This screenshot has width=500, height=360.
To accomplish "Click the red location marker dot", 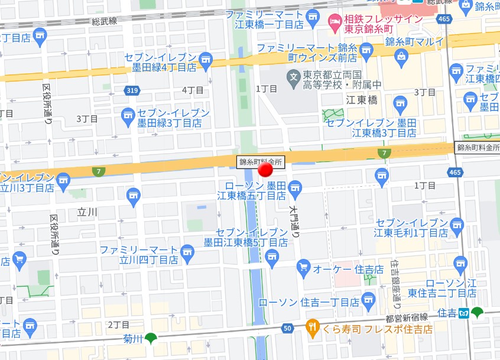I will coord(266,170).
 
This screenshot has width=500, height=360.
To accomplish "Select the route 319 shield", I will coord(132,90).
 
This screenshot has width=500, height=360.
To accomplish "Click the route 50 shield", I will coord(288,328).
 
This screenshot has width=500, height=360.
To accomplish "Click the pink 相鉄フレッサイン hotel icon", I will coord(333,22).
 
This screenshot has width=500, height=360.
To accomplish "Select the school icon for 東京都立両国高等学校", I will coord(293,76).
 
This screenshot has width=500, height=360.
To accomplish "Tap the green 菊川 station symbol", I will coord(152,338).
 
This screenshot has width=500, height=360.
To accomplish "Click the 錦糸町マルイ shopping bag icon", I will coord(402,57).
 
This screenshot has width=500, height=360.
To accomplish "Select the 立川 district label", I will coord(87,211).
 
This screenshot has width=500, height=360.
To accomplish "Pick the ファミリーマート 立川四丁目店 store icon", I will coord(187,252).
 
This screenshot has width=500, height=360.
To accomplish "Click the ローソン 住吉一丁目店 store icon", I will coord(368,298).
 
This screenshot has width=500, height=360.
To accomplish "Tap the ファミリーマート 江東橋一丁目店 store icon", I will coord(313,16).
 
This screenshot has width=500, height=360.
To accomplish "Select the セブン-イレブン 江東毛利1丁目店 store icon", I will coord(456,225).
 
